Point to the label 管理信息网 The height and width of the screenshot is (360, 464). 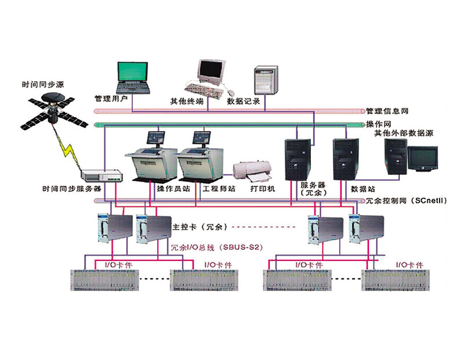click(385, 111)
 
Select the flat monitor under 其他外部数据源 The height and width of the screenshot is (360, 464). click(423, 159)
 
